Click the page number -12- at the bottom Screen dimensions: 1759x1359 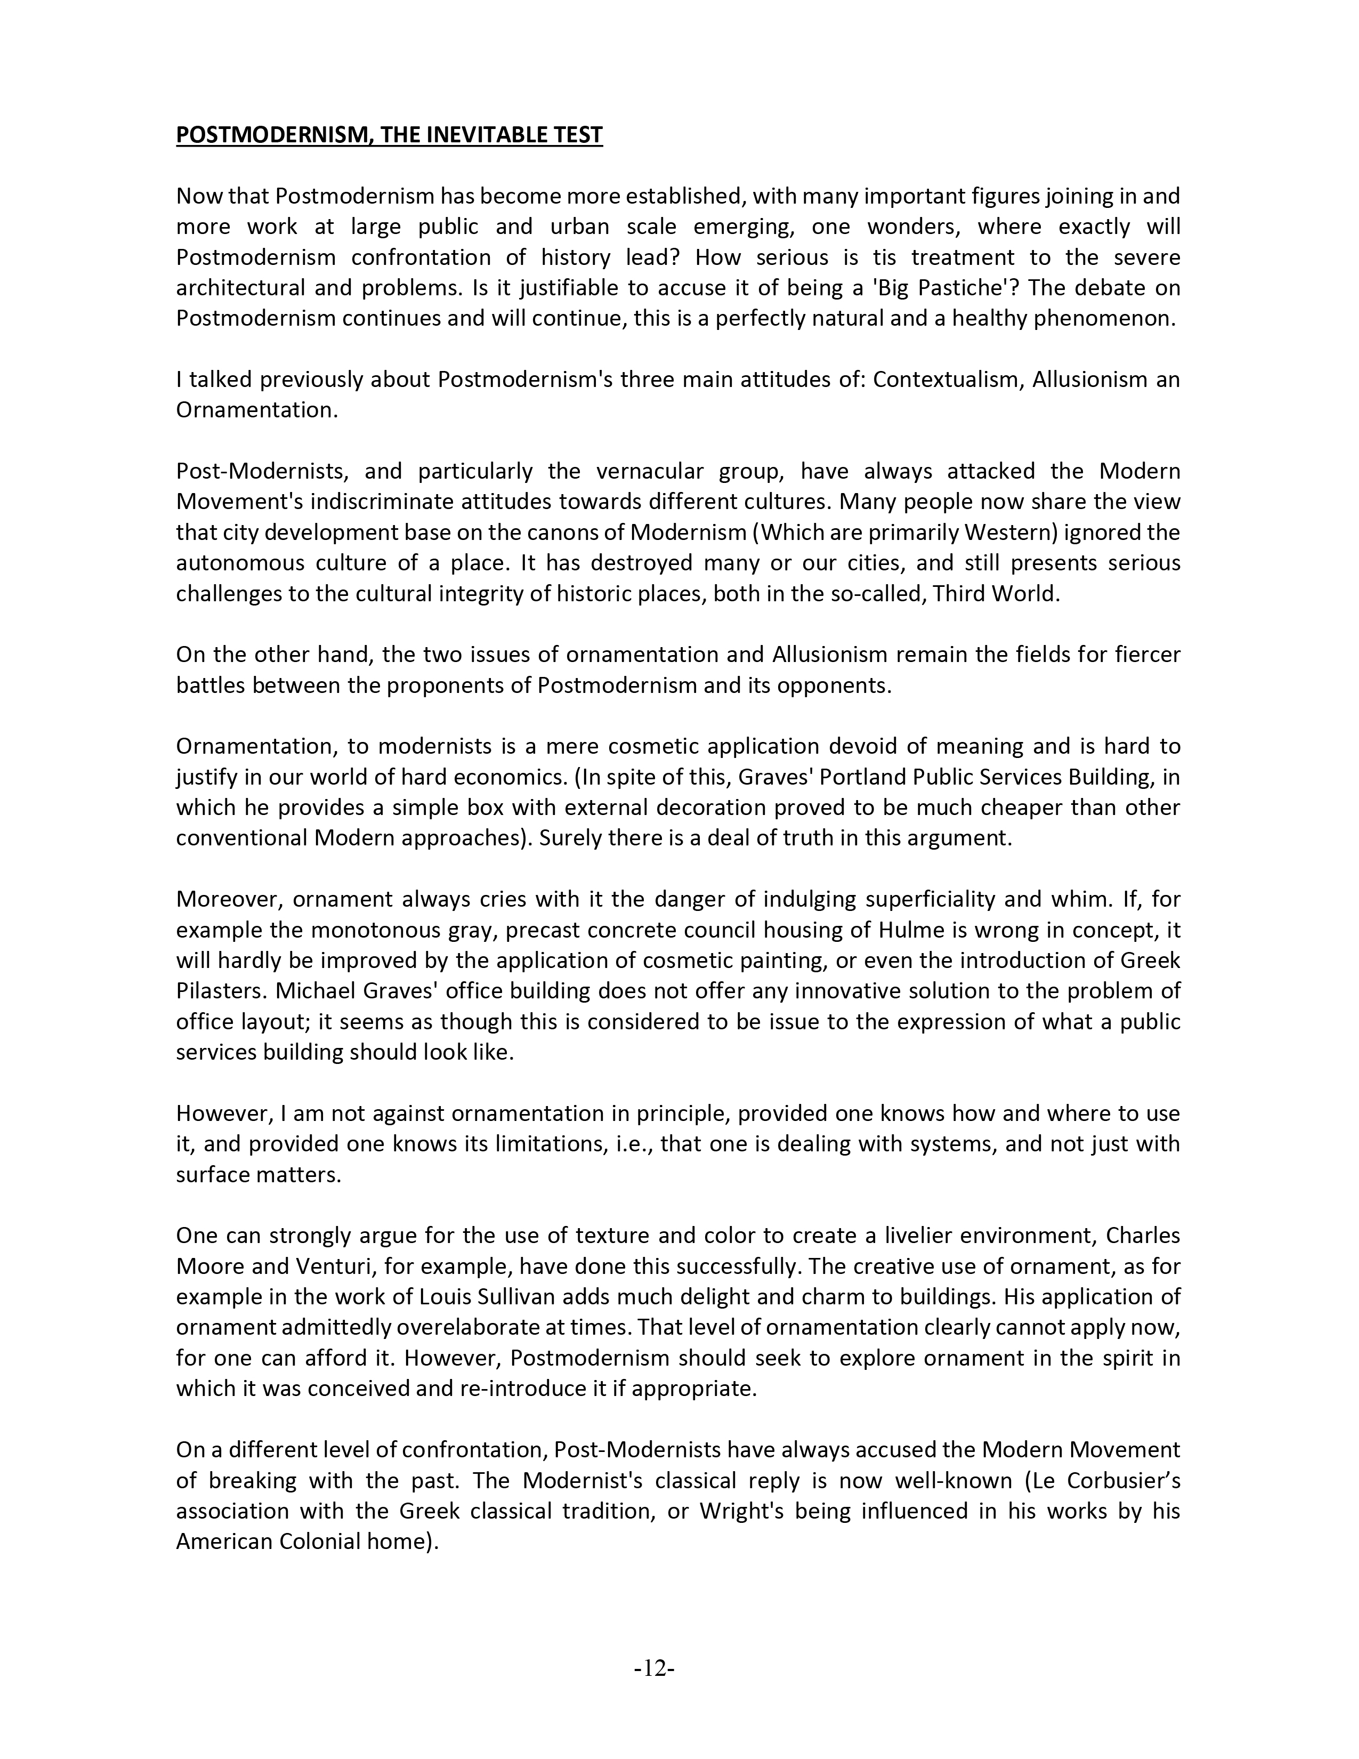point(654,1668)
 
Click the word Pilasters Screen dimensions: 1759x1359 point(215,991)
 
